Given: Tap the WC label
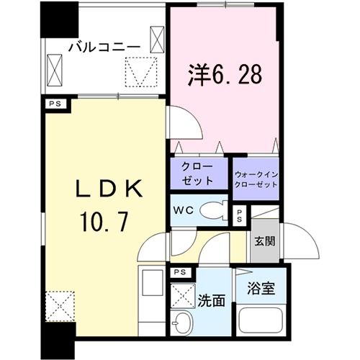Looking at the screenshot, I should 181,211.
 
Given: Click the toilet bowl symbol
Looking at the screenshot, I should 215,211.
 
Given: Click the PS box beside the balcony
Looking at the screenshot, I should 54,102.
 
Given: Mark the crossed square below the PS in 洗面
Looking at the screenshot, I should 180,294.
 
